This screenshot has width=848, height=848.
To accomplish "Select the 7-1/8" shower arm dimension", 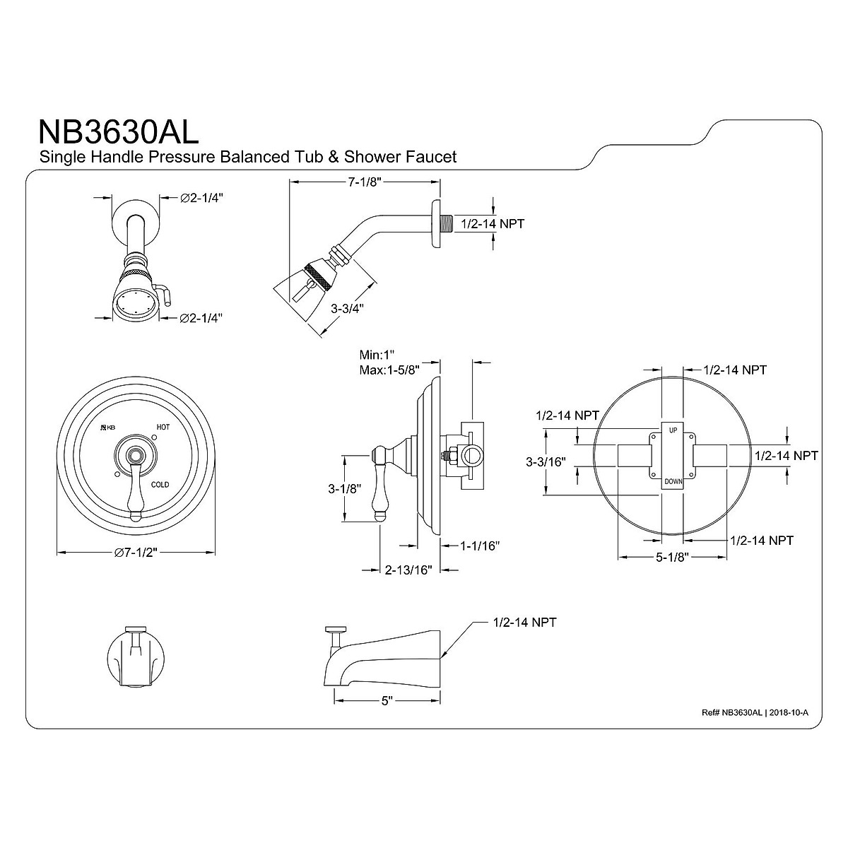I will coord(364,182).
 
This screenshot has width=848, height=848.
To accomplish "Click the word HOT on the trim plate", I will coord(163,428).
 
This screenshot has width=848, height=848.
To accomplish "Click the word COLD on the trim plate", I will coord(160,485).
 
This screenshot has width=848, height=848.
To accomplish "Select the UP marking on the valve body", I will coord(672,429).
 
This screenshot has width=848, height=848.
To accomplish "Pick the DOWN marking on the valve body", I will coord(672,481).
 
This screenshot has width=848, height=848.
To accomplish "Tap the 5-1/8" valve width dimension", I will coord(671,558).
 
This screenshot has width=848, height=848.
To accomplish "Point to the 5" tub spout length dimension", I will coord(387,700).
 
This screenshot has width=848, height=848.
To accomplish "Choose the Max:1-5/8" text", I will coord(389,370).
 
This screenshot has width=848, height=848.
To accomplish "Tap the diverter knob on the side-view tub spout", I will coord(335,629).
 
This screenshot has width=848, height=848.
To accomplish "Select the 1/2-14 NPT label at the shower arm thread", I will coord(492,223).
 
